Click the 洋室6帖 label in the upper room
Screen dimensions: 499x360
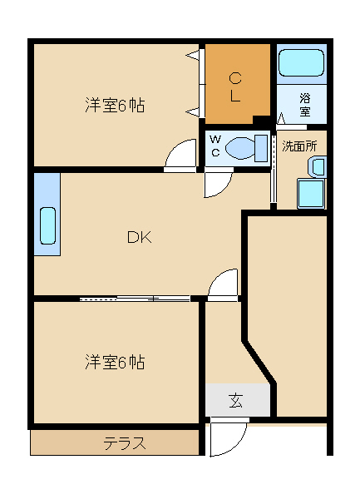coord(115,106)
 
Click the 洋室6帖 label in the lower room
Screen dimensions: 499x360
coord(115,363)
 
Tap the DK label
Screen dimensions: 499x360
coord(139,238)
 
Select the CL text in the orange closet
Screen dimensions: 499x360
coord(235,87)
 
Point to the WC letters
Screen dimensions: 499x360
coord(215,146)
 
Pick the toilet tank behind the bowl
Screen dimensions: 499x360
coord(263,148)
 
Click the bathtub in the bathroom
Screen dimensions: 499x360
coord(300,65)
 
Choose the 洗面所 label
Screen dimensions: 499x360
coord(298,146)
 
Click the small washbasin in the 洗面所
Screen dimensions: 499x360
coord(318,166)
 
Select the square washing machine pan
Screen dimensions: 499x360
coord(311,195)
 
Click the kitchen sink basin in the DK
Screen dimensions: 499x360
coord(47,225)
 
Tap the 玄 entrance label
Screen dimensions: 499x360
coord(236,401)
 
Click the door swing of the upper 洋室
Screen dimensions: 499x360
coord(180,156)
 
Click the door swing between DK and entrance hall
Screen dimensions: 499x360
coord(224,284)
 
